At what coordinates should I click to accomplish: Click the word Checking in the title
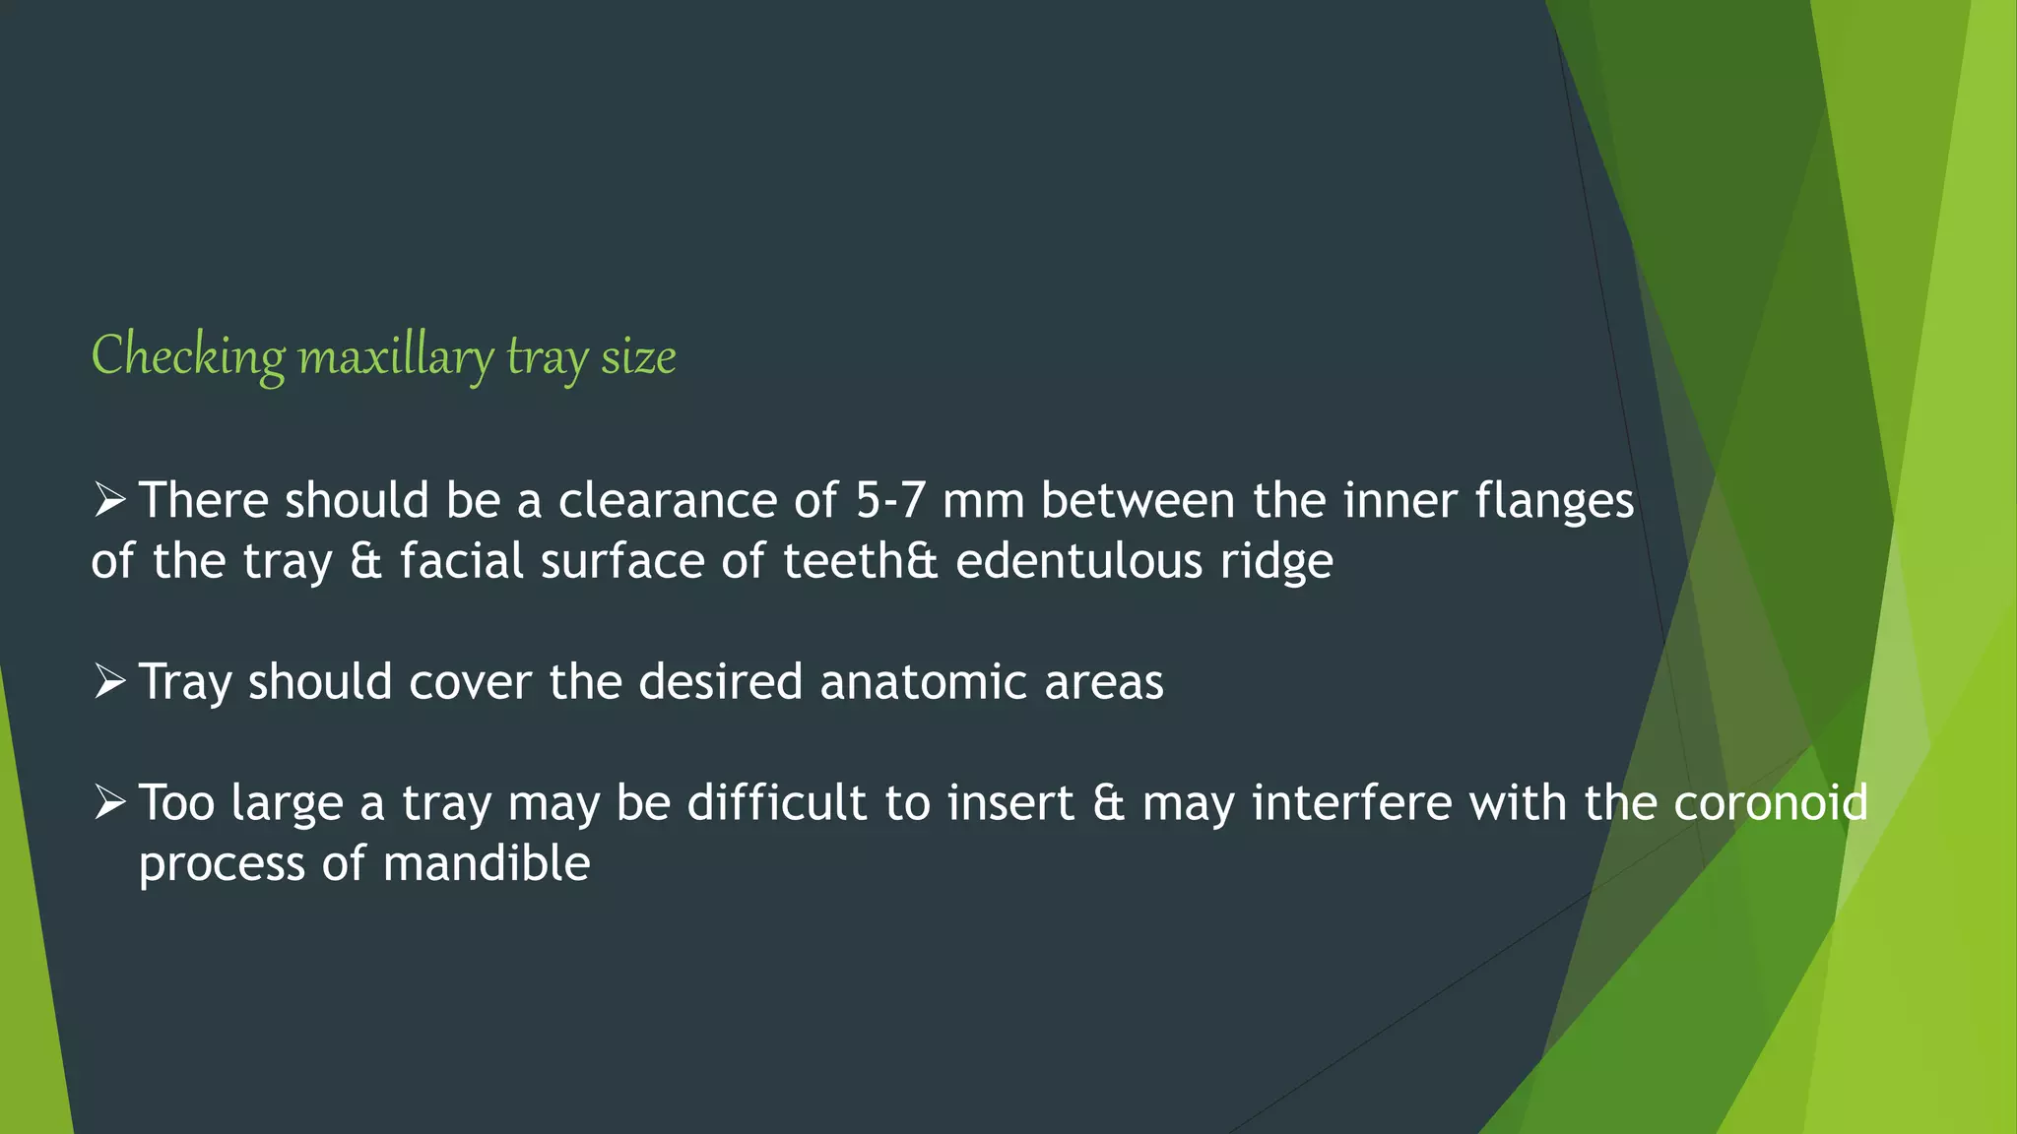coord(188,356)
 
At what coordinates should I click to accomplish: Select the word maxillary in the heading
coord(395,356)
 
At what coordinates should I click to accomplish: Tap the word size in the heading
coord(638,356)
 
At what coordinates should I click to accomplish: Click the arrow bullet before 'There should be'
coord(109,500)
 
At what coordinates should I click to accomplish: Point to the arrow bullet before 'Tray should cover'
coord(109,681)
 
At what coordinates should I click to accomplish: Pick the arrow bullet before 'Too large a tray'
coord(109,802)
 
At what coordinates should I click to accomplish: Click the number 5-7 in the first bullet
coord(890,500)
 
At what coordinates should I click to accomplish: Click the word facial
coord(461,561)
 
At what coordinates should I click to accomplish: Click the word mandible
coord(487,863)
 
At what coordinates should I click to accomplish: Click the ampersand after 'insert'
coord(1108,802)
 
